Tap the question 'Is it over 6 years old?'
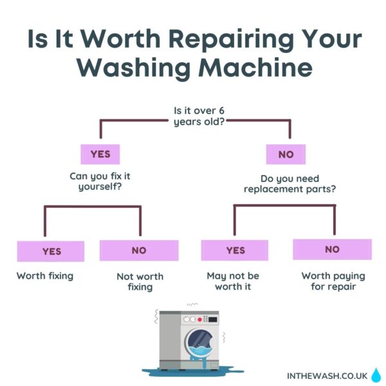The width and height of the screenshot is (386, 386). click(x=199, y=116)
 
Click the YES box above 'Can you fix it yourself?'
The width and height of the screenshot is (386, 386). click(x=100, y=154)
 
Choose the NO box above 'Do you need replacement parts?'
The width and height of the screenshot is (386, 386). click(x=286, y=154)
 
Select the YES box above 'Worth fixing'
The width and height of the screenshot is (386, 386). click(x=51, y=251)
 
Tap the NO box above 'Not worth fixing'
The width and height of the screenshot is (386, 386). click(x=139, y=250)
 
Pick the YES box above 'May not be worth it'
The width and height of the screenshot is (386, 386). click(x=235, y=250)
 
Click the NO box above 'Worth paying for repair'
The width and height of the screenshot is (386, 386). click(x=332, y=249)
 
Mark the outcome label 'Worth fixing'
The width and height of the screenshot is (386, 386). click(x=45, y=276)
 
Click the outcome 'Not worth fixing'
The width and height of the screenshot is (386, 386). click(x=140, y=282)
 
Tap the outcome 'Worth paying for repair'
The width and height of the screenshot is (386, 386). click(x=333, y=280)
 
